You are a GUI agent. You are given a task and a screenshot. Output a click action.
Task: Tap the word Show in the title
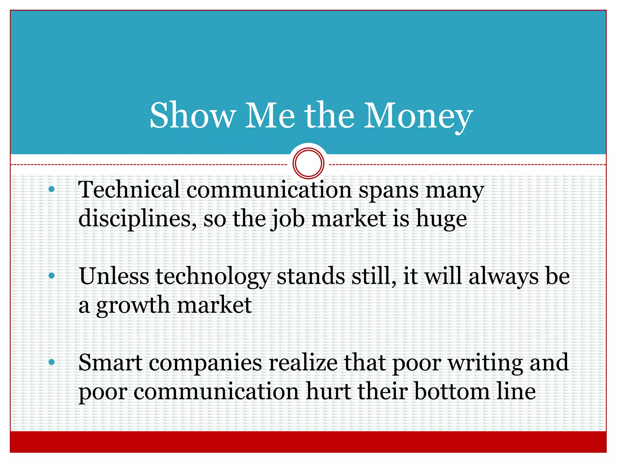[193, 116]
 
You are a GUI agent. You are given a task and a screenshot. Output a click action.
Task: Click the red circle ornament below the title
[308, 163]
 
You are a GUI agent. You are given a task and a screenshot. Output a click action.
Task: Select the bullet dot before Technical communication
[52, 189]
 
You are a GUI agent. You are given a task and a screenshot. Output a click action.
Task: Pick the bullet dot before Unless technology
[52, 275]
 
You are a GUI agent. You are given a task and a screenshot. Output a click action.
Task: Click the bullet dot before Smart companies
[52, 362]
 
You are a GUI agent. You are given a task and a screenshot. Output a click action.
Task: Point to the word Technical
[129, 190]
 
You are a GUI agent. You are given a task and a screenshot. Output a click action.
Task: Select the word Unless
[114, 276]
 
